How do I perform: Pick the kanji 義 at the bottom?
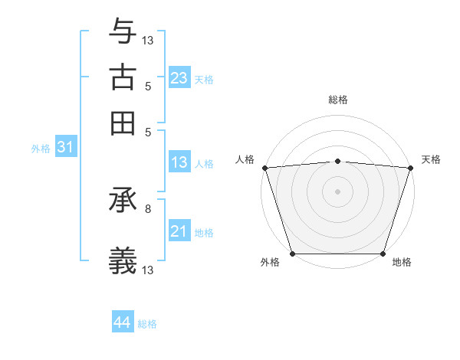(x=123, y=261)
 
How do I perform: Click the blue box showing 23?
(x=179, y=78)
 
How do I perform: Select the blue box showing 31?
(x=64, y=148)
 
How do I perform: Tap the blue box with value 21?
(x=179, y=231)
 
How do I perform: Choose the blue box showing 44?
(x=122, y=322)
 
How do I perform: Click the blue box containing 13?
(x=179, y=162)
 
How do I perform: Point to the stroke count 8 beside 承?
(x=147, y=208)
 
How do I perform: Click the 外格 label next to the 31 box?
(x=40, y=149)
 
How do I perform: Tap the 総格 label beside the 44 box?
(x=147, y=323)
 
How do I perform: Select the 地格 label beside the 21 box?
(x=204, y=232)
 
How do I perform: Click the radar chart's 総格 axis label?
(x=337, y=100)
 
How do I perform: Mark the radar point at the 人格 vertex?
(x=264, y=168)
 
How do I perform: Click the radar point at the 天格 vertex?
(x=410, y=168)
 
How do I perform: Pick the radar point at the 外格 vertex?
(x=292, y=254)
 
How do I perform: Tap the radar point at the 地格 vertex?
(x=383, y=254)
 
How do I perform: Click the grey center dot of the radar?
(x=337, y=191)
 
